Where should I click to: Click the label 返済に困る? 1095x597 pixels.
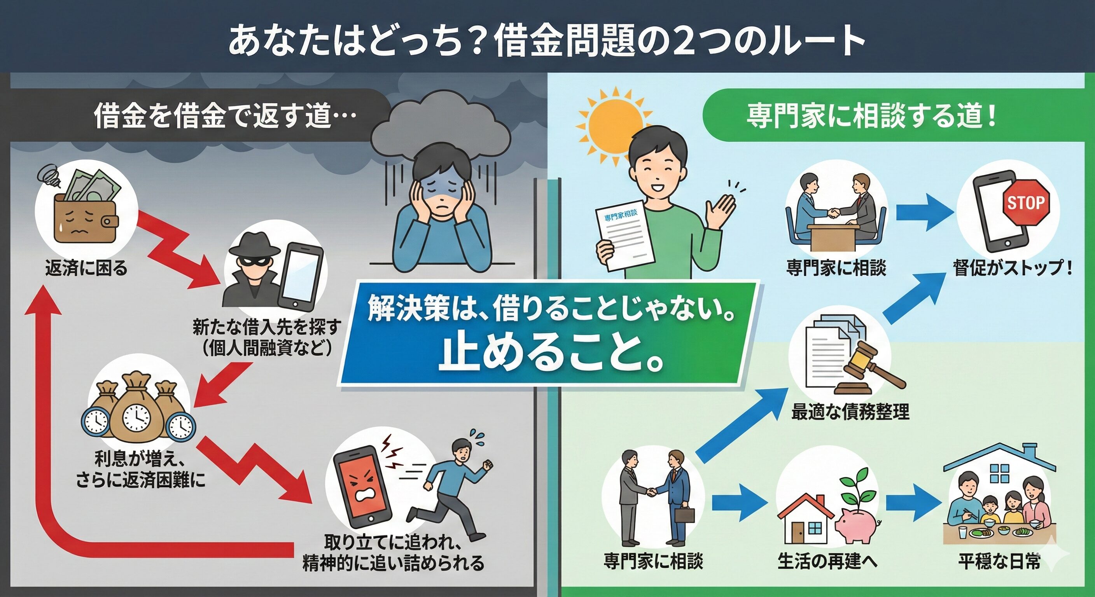point(86,268)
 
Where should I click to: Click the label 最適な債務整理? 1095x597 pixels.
point(850,411)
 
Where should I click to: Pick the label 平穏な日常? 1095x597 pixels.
point(999,561)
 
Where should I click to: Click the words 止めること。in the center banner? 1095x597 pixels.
point(551,354)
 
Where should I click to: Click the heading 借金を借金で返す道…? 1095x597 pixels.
point(225,115)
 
